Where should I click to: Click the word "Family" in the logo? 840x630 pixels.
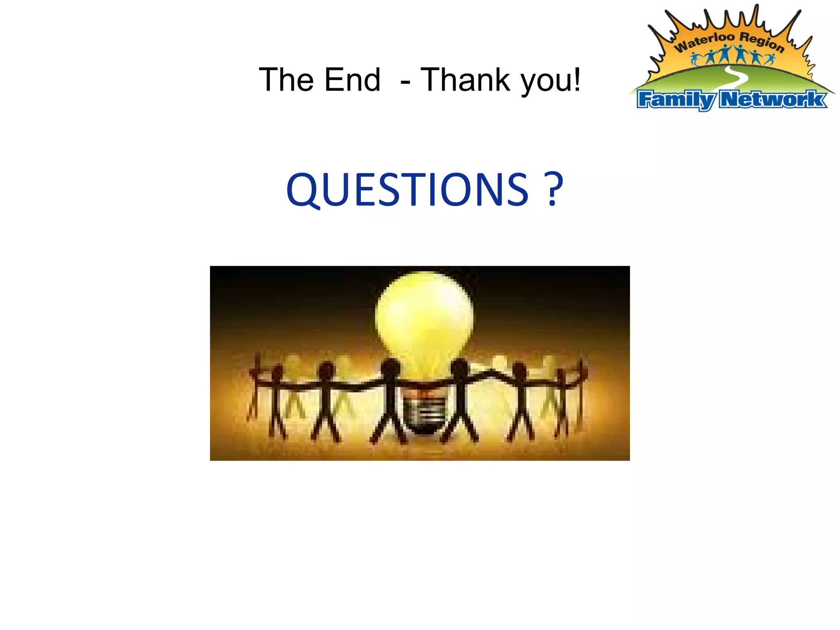point(677,100)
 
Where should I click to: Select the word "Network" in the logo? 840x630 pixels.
point(773,99)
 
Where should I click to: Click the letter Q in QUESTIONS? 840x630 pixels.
point(303,190)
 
